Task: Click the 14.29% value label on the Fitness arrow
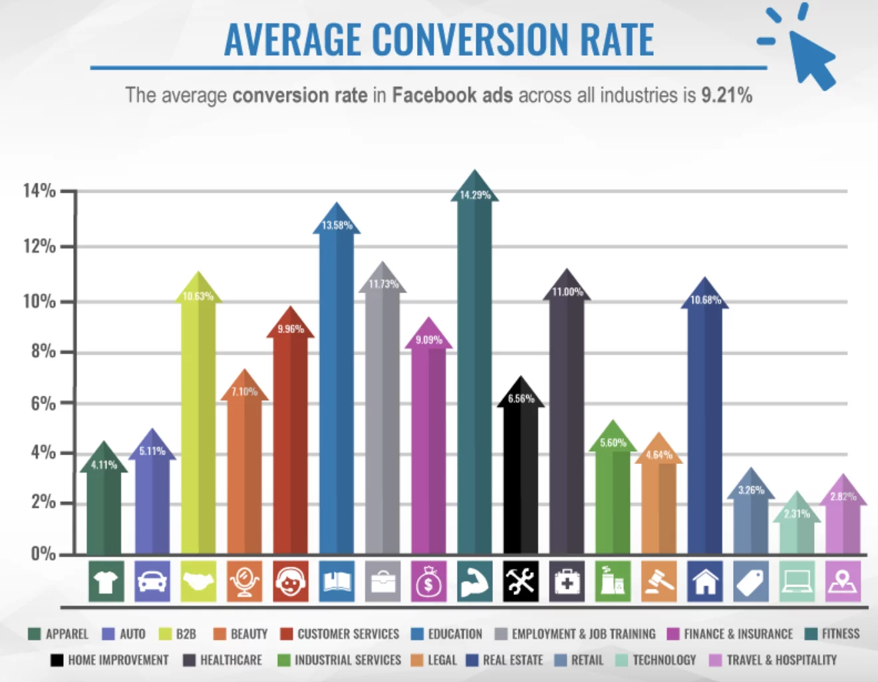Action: pos(475,195)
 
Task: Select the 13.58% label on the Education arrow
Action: pos(337,225)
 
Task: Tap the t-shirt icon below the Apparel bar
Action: pos(106,582)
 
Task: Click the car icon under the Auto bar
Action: pos(152,582)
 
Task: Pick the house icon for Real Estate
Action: pos(705,582)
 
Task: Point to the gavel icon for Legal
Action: pos(659,582)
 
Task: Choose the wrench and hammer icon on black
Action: pos(521,582)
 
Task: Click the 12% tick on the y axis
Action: pos(39,247)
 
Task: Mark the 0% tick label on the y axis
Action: pos(43,554)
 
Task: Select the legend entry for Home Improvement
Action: pos(110,660)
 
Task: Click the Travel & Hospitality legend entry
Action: pos(773,660)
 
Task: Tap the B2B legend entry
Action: pos(178,634)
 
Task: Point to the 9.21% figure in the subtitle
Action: pos(726,95)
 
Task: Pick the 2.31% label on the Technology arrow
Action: pos(797,514)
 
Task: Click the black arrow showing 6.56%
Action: pos(521,465)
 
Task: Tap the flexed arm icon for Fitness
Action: pos(475,582)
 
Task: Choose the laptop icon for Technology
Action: pos(798,582)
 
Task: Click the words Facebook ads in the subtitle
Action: pos(452,95)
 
